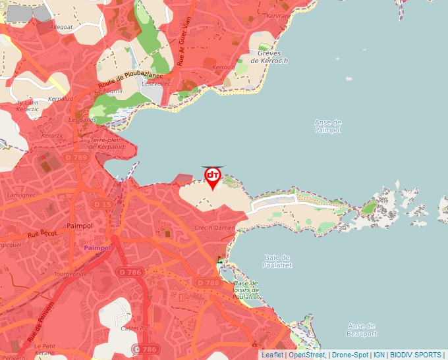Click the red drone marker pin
click(x=213, y=177)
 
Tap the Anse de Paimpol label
click(x=328, y=126)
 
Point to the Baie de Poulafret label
click(x=277, y=261)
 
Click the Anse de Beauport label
click(x=361, y=329)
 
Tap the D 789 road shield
click(x=76, y=157)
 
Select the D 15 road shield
click(x=103, y=205)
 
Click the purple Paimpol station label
click(x=98, y=247)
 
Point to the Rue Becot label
click(x=42, y=234)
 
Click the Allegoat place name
click(x=61, y=28)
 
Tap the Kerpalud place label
click(x=60, y=99)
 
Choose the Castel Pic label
click(x=132, y=327)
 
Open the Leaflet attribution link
click(x=272, y=355)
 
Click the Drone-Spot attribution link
click(x=350, y=355)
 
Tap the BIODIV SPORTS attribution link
click(x=416, y=355)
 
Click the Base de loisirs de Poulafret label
click(x=246, y=290)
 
